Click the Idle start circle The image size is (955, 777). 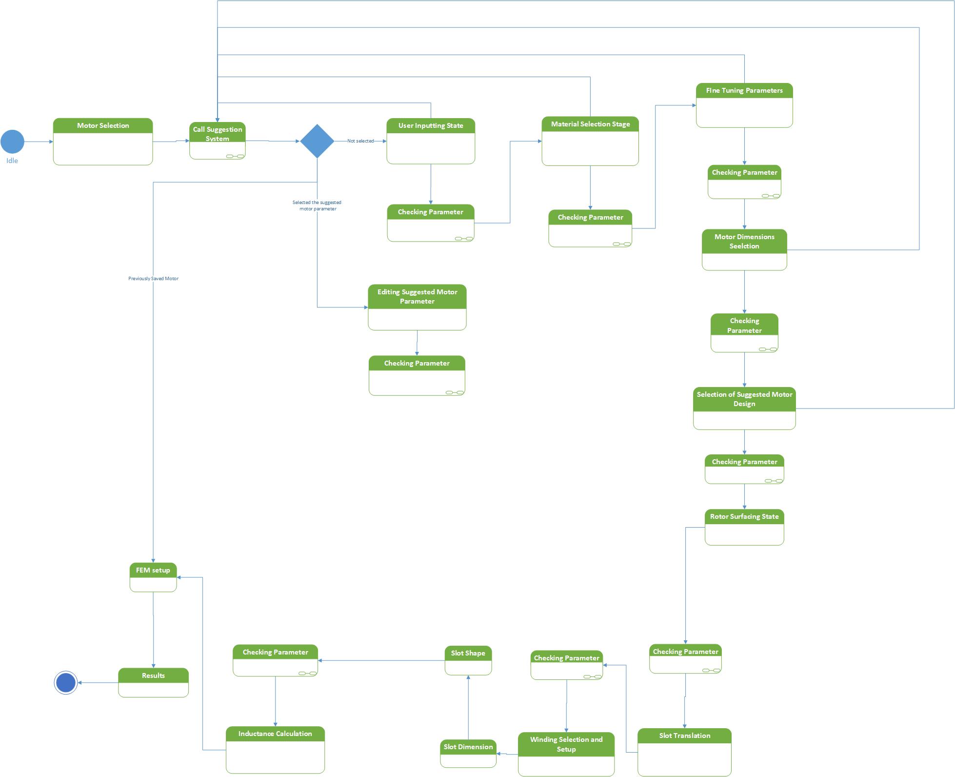pyautogui.click(x=12, y=142)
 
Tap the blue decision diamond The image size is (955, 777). pyautogui.click(x=317, y=141)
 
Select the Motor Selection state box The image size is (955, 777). pyautogui.click(x=103, y=142)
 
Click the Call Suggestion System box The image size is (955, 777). pyautogui.click(x=218, y=141)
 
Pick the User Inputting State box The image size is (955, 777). pyautogui.click(x=431, y=141)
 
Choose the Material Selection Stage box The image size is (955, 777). pyautogui.click(x=590, y=141)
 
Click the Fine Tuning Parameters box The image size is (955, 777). pyautogui.click(x=744, y=105)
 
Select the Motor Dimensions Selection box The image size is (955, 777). pyautogui.click(x=744, y=250)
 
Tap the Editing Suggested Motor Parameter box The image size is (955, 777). pyautogui.click(x=417, y=307)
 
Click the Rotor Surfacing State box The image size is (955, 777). pyautogui.click(x=744, y=527)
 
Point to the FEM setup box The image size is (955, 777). pyautogui.click(x=153, y=577)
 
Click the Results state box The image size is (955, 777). pyautogui.click(x=153, y=682)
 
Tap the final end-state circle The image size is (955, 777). pyautogui.click(x=66, y=683)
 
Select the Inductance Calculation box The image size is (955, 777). pyautogui.click(x=275, y=750)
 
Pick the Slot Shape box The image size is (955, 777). pyautogui.click(x=468, y=660)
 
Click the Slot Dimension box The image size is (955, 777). pyautogui.click(x=468, y=754)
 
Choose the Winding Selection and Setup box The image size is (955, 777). pyautogui.click(x=566, y=754)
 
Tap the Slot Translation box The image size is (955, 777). pyautogui.click(x=684, y=752)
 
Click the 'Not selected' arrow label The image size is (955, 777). pyautogui.click(x=360, y=141)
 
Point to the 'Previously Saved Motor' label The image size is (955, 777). pyautogui.click(x=153, y=279)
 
